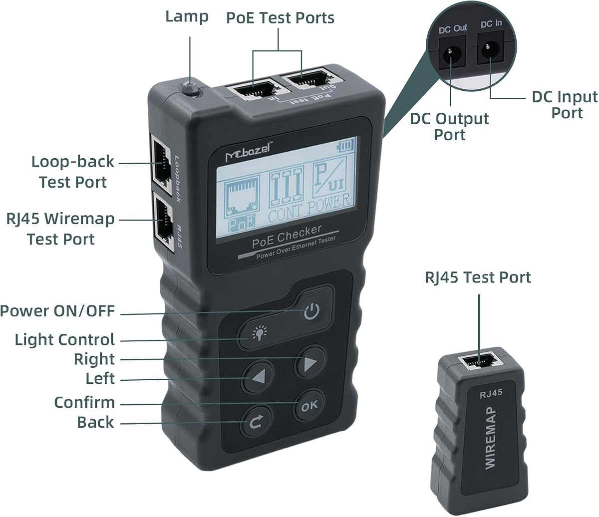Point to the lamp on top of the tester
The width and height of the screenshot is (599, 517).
(x=190, y=89)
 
